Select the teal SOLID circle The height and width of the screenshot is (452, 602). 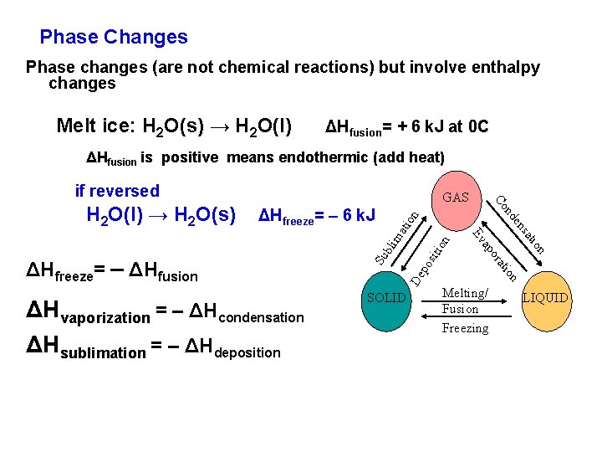386,298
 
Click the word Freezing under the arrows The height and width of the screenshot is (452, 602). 465,328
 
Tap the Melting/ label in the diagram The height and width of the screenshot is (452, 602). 466,292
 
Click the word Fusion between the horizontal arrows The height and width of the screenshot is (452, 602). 460,309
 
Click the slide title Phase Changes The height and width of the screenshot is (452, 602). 114,37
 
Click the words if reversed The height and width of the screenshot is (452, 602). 117,191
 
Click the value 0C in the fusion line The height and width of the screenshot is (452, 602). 478,127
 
